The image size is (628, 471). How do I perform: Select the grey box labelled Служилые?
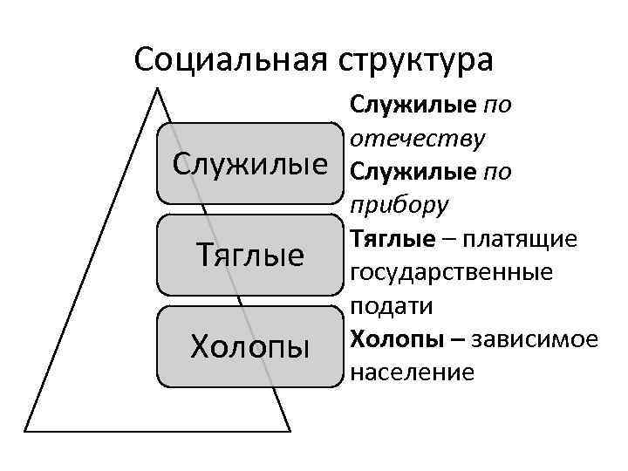tap(249, 162)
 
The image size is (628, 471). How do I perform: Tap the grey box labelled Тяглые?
tap(249, 255)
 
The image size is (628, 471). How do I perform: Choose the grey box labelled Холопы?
tap(249, 346)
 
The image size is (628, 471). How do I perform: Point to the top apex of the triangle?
tap(157, 88)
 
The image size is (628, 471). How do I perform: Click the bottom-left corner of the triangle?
tap(25, 431)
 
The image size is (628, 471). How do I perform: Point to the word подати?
tap(391, 306)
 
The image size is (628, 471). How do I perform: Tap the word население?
tap(412, 372)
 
